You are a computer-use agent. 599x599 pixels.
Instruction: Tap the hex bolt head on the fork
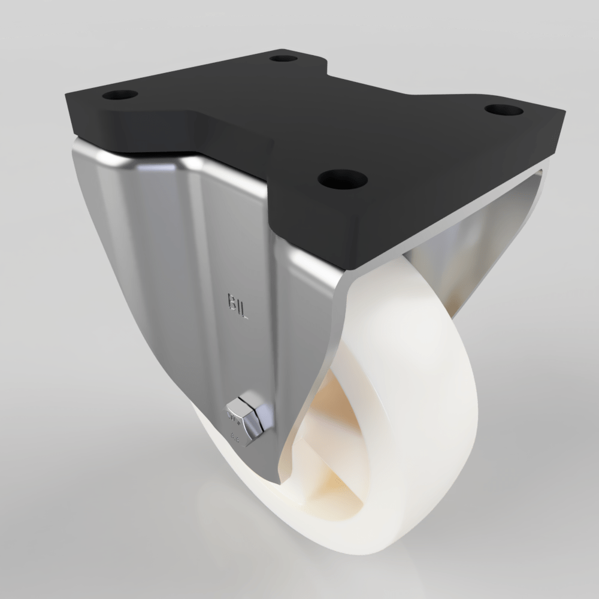pyautogui.click(x=247, y=415)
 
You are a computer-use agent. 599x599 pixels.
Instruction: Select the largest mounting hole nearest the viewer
pyautogui.click(x=342, y=178)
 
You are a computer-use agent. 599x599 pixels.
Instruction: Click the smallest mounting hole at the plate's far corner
pyautogui.click(x=283, y=59)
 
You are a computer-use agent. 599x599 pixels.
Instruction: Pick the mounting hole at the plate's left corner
pyautogui.click(x=120, y=95)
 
